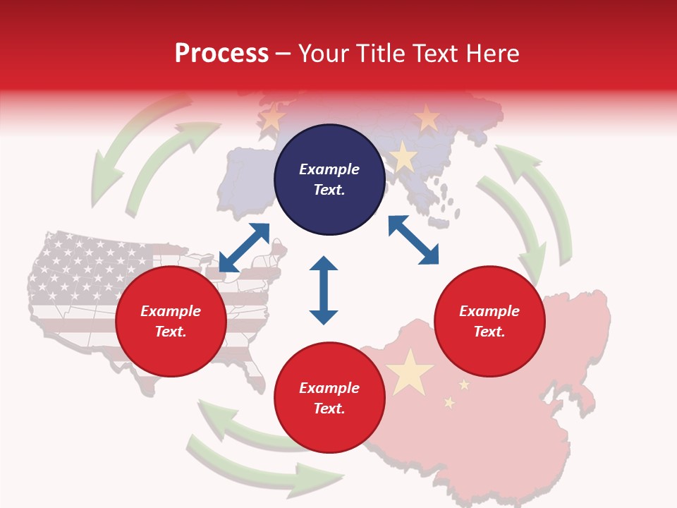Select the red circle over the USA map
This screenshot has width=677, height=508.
[x=171, y=321]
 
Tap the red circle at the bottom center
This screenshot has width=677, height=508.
[x=329, y=397]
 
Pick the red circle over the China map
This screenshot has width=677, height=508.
[x=489, y=321]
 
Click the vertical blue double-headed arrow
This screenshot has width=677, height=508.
[x=324, y=290]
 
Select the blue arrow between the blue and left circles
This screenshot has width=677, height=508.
[x=244, y=247]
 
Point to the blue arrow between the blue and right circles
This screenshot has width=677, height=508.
[x=413, y=240]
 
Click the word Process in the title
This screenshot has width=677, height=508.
[x=221, y=54]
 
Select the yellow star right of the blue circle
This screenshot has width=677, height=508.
[x=403, y=157]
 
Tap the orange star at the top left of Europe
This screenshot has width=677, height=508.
[x=273, y=117]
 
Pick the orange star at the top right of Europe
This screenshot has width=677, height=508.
[x=427, y=118]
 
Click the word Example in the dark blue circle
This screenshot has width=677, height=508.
[x=329, y=169]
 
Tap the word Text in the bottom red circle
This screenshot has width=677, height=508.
[x=329, y=409]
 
